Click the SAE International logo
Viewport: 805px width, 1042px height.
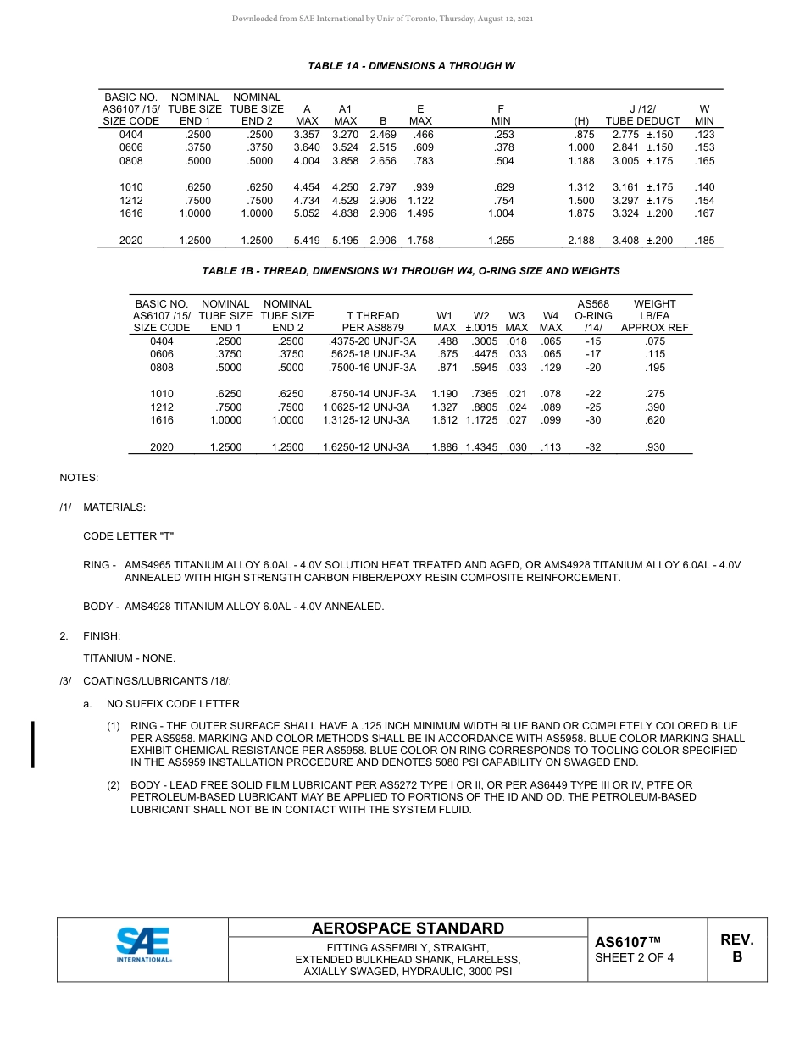click(x=143, y=945)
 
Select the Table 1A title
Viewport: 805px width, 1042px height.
click(x=411, y=66)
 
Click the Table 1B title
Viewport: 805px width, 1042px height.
click(x=411, y=271)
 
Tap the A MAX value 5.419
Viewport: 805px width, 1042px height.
click(x=306, y=241)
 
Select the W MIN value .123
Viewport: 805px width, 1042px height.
click(x=704, y=135)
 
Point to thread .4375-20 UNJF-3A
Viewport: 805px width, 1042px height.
click(x=372, y=341)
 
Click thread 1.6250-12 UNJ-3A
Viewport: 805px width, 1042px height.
click(x=366, y=447)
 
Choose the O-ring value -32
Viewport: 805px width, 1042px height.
click(x=593, y=447)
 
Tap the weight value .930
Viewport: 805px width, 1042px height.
click(x=655, y=447)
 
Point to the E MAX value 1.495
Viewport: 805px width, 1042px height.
click(x=420, y=214)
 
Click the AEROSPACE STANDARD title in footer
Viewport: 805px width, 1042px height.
click(x=408, y=928)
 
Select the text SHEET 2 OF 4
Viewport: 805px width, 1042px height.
click(x=635, y=958)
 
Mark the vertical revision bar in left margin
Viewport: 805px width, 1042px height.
click(x=33, y=744)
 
